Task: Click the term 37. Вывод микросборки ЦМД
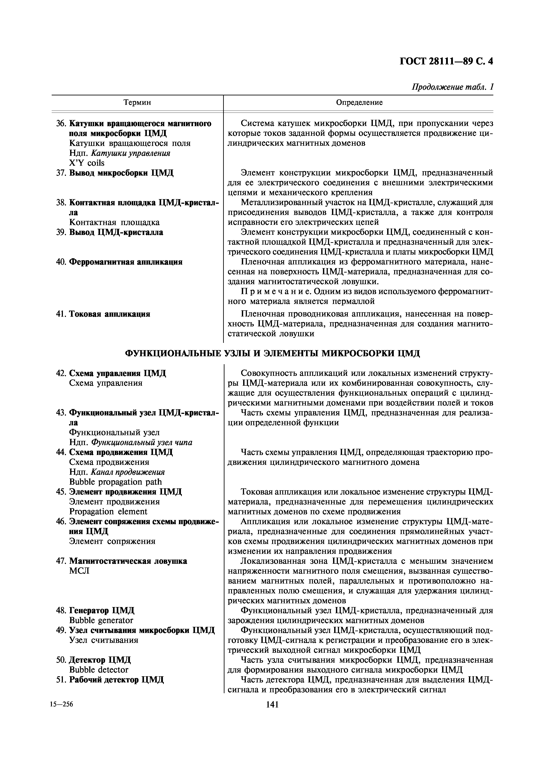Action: click(115, 173)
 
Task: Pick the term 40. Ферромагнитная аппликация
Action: click(119, 262)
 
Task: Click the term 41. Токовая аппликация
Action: click(103, 314)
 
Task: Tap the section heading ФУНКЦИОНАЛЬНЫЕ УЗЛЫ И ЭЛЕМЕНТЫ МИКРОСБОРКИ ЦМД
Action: click(272, 354)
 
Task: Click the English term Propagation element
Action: click(108, 512)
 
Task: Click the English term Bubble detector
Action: click(99, 670)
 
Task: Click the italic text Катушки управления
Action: click(131, 153)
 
